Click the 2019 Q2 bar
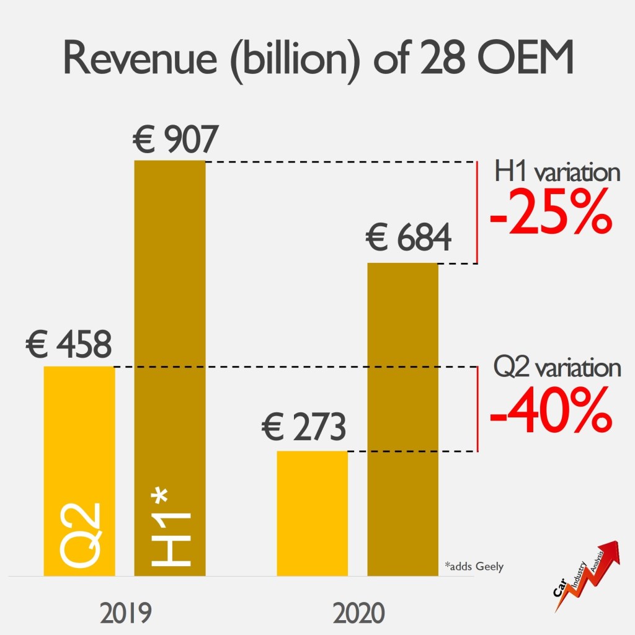pos(79,434)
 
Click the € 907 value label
pos(175,141)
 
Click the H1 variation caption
pos(557,172)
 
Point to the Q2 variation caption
pos(557,368)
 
